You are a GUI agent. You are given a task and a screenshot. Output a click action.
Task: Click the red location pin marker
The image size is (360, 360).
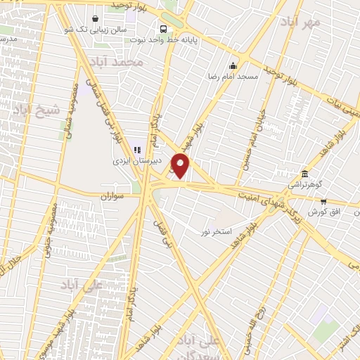tap(181, 165)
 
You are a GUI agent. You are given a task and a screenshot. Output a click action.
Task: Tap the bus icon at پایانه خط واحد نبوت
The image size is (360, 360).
tap(163, 29)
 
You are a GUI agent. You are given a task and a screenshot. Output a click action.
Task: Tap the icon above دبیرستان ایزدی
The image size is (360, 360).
tap(138, 149)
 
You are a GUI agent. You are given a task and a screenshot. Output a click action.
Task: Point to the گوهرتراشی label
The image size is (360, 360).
tap(303, 185)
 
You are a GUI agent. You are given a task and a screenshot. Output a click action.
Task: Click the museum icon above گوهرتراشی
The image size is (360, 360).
tap(304, 174)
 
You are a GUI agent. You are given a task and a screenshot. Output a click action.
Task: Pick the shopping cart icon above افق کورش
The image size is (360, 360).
tap(323, 202)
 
